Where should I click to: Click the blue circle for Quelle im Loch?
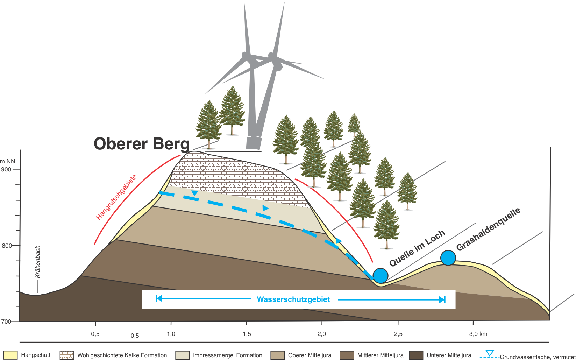pos(381,276)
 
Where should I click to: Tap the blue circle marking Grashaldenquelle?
pos(448,258)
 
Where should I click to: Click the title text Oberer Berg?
pos(142,144)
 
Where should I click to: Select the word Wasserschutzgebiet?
pos(293,299)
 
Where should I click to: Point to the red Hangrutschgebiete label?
pos(116,197)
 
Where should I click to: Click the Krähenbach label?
pos(38,262)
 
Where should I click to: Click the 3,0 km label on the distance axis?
pos(478,334)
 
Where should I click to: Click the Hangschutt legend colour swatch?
pos(10,355)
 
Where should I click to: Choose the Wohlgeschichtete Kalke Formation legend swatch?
pos(66,355)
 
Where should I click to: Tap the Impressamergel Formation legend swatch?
pos(182,355)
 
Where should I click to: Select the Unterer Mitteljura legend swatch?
pos(416,355)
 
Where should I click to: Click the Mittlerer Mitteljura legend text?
pos(380,355)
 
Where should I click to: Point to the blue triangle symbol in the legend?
pos(490,353)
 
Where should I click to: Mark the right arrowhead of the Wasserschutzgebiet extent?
pos(442,300)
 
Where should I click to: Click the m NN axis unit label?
pos(8,161)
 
